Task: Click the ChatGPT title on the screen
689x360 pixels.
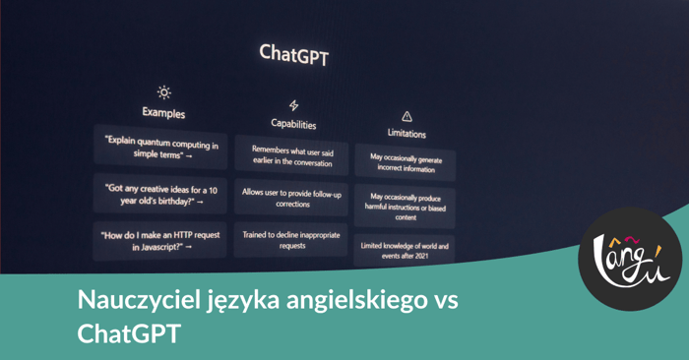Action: (x=293, y=53)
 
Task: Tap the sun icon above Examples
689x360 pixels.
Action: (x=163, y=92)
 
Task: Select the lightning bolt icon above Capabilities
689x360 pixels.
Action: (x=293, y=105)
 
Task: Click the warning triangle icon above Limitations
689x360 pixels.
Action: (x=407, y=116)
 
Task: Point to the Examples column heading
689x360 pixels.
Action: (x=163, y=113)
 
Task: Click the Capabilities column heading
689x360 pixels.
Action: (x=293, y=124)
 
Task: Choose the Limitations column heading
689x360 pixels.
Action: (x=407, y=132)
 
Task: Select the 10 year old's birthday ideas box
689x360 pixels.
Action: (x=159, y=194)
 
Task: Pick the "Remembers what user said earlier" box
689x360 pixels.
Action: (x=292, y=156)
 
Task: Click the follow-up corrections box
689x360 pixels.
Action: (x=292, y=199)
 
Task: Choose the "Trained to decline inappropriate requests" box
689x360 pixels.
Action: (x=292, y=240)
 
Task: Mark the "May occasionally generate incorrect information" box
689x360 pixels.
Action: (x=406, y=162)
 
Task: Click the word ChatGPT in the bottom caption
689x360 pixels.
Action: (x=129, y=334)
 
